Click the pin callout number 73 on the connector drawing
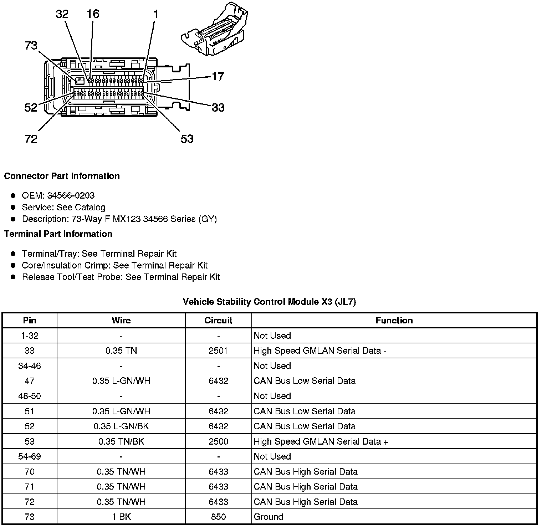click(31, 46)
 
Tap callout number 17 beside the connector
click(218, 76)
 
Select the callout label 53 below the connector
click(187, 139)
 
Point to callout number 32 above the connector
click(62, 14)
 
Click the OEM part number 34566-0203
click(71, 195)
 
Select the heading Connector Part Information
click(62, 176)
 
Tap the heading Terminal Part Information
click(58, 234)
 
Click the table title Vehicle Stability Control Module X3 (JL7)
click(269, 302)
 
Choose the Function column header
click(394, 321)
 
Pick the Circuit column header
click(218, 321)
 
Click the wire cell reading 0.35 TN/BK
click(121, 441)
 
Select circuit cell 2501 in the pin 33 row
click(218, 351)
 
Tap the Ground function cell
click(268, 517)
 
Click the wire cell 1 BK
click(121, 517)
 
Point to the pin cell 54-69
click(30, 457)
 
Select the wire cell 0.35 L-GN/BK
click(121, 426)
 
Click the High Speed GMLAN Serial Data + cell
click(321, 441)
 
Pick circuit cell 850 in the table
click(218, 517)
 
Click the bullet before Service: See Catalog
click(13, 207)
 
